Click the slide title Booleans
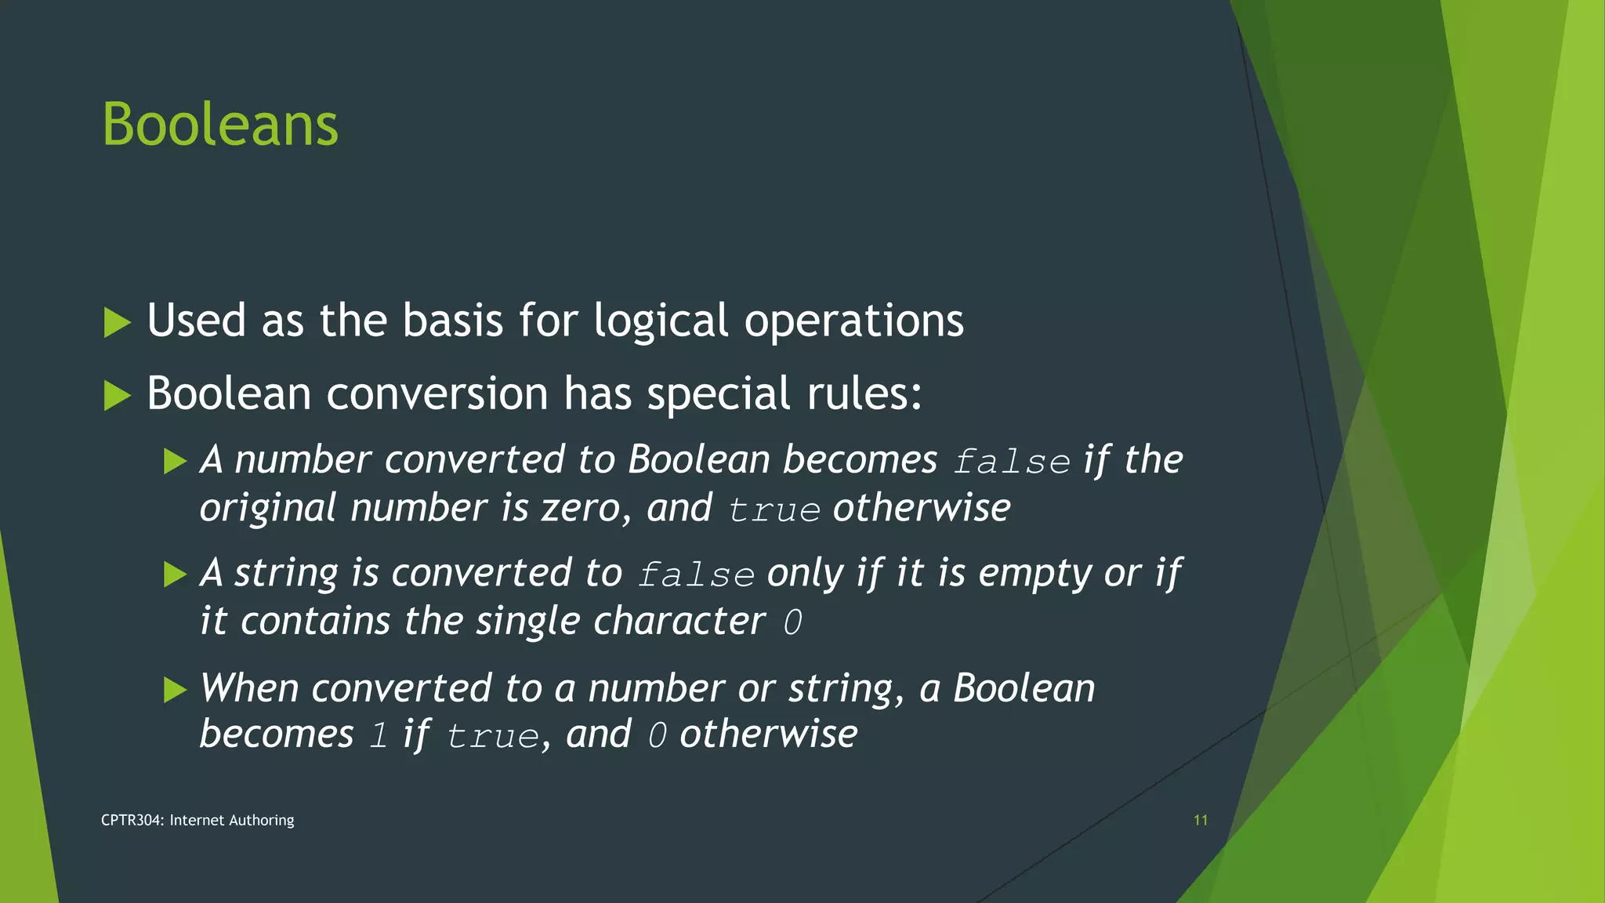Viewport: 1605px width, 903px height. coord(220,125)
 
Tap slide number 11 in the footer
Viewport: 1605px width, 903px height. coord(1200,820)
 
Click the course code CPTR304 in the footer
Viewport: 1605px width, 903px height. coord(132,820)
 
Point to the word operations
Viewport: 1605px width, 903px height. coord(853,321)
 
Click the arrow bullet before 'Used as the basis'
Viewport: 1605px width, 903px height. coord(117,322)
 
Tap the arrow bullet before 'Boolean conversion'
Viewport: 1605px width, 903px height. coord(117,395)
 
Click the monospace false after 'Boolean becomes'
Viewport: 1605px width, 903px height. coord(1012,462)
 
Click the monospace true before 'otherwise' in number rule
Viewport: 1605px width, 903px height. coord(774,510)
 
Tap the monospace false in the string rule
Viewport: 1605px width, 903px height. coord(696,575)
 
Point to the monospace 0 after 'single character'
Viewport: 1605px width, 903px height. coord(792,623)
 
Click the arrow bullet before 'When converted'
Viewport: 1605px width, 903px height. coord(175,690)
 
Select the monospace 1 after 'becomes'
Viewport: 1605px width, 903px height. coord(379,736)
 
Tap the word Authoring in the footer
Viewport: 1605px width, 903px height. coord(262,820)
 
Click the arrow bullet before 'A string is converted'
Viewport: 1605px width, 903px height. coord(175,575)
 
